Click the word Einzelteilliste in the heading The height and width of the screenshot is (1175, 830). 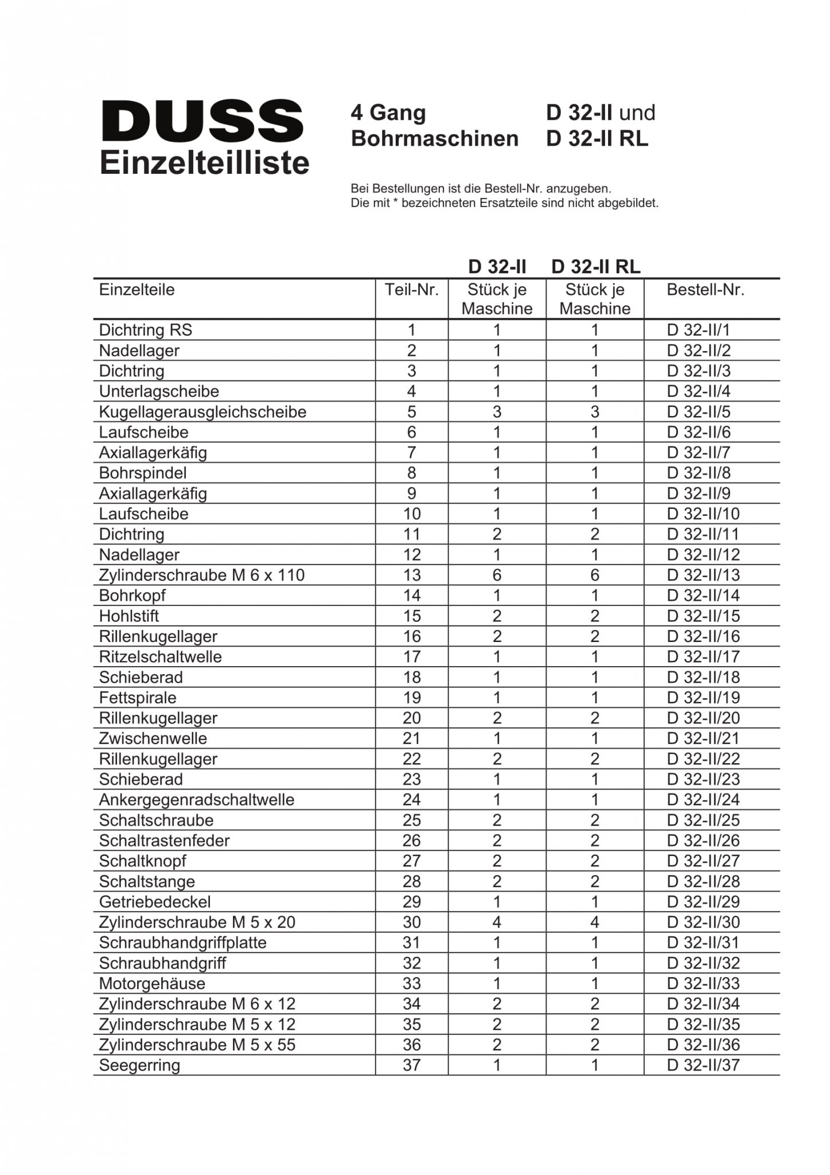coord(205,163)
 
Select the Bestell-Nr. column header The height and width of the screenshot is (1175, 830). coord(705,290)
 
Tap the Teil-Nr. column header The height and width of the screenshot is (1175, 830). coord(411,290)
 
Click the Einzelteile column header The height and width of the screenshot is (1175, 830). coord(137,290)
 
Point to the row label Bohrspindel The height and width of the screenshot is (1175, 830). coord(143,473)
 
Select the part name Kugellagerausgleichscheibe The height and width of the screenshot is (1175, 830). coord(202,412)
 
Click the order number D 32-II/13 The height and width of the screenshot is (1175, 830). coord(703,575)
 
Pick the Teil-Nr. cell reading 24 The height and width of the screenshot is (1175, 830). coord(412,800)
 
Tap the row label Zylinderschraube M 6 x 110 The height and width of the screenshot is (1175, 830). coord(202,575)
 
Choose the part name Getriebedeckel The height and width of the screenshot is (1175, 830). coord(155,902)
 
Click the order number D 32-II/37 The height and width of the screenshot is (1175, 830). coord(703,1065)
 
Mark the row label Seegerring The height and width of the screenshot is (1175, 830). coord(139,1065)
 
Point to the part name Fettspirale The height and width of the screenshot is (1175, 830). coord(138,698)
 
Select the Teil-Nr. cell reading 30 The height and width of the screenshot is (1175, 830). coord(412,923)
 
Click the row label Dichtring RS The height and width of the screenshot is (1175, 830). coord(146,330)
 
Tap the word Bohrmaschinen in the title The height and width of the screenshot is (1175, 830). coord(434,139)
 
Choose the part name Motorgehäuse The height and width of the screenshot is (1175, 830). coord(152,984)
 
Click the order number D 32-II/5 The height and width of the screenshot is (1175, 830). coord(699,412)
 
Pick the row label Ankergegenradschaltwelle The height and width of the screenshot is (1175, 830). coord(197,800)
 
